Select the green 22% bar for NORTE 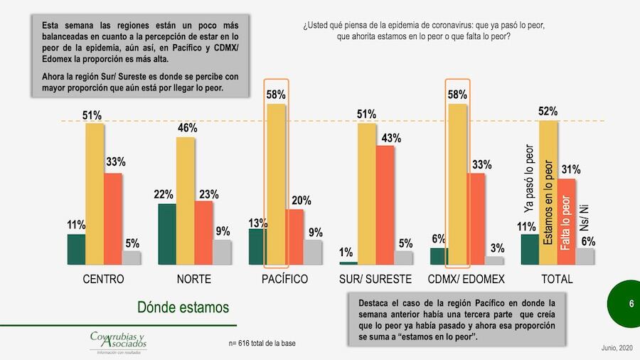[167, 234]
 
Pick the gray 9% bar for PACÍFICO [313, 252]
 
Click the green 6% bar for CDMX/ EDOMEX [439, 256]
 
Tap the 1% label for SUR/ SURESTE [346, 252]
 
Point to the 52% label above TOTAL [548, 111]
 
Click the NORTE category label [193, 279]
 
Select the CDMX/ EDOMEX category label [466, 279]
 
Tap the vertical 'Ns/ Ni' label [585, 214]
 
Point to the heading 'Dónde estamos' [183, 307]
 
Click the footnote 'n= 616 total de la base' [262, 344]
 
